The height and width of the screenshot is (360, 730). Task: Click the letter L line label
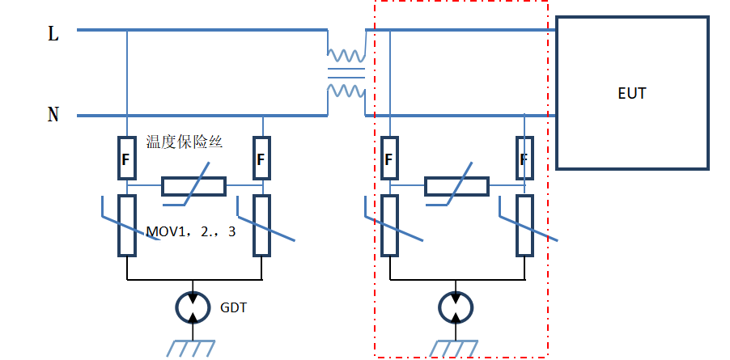tap(53, 34)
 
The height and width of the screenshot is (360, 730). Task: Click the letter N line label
tap(53, 115)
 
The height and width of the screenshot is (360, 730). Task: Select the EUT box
tap(632, 93)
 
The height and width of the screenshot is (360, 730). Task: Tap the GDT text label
tap(233, 307)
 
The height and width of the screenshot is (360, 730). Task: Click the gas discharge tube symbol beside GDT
tap(193, 307)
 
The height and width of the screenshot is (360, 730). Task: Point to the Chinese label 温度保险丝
tap(185, 142)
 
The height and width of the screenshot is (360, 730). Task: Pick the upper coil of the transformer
tap(346, 57)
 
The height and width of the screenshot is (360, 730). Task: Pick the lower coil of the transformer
tap(346, 90)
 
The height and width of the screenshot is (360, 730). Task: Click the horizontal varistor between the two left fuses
tap(193, 187)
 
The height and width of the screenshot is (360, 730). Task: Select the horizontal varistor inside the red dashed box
tap(457, 187)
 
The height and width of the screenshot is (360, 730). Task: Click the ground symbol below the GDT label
tap(193, 347)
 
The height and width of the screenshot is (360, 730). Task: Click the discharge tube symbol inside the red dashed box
tap(457, 307)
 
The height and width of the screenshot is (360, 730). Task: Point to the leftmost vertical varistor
tap(126, 225)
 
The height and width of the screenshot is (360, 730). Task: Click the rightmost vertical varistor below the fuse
tap(525, 225)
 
